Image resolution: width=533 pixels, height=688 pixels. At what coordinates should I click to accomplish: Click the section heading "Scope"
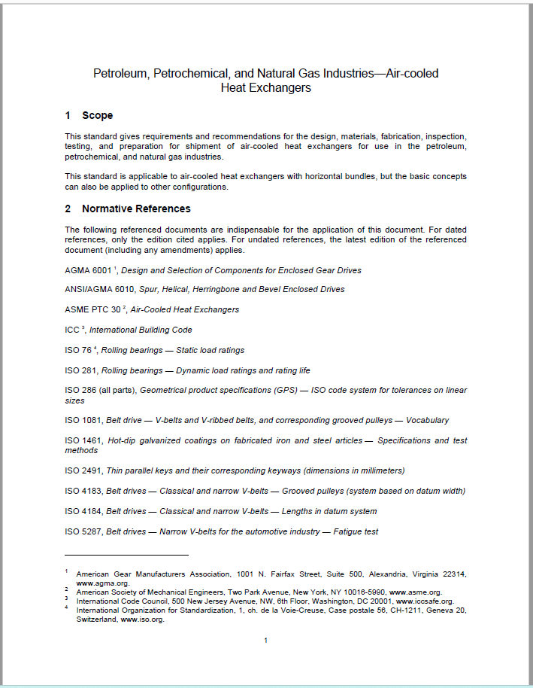coord(97,116)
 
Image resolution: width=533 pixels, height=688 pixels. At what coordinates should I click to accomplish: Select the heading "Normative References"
coord(136,209)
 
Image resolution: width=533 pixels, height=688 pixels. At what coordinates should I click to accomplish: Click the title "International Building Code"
coord(141,330)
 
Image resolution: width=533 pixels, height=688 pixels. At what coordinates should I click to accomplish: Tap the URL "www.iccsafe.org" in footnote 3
coord(426,601)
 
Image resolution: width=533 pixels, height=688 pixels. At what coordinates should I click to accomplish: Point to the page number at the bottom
coord(266,641)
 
